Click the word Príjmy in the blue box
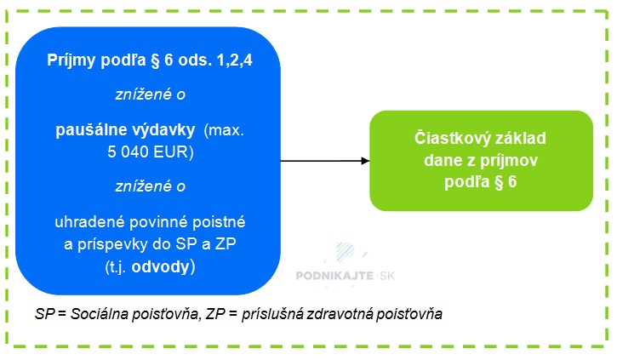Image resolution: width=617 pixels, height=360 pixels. pyautogui.click(x=71, y=60)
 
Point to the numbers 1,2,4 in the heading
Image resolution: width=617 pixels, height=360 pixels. pyautogui.click(x=235, y=60)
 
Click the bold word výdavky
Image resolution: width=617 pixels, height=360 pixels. pyautogui.click(x=164, y=130)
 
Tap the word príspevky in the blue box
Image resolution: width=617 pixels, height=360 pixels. pyautogui.click(x=112, y=244)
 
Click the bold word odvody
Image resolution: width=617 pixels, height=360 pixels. pyautogui.click(x=161, y=266)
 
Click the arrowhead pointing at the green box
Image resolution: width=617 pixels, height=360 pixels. pyautogui.click(x=365, y=161)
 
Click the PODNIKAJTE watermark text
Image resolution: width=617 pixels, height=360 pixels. pyautogui.click(x=334, y=276)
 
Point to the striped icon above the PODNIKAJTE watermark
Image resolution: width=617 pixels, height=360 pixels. pyautogui.click(x=346, y=252)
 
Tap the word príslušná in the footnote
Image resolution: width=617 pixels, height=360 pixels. pyautogui.click(x=271, y=314)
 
